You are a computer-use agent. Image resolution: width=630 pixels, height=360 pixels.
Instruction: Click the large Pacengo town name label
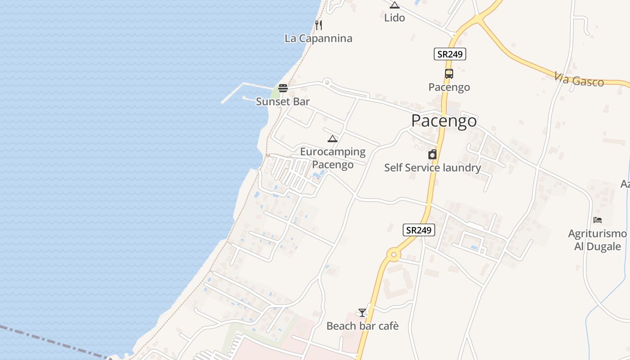point(444,121)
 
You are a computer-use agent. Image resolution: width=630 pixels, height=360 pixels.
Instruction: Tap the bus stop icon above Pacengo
point(449,74)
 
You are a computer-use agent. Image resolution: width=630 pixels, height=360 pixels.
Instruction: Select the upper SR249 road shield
point(450,54)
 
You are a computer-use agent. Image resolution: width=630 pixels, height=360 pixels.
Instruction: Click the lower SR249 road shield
point(418,230)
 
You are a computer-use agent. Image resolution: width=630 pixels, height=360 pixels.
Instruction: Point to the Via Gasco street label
point(579,80)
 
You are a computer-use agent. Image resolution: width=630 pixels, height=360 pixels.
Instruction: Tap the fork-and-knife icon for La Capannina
point(319,25)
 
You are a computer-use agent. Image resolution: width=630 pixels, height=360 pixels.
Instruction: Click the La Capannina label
point(318,38)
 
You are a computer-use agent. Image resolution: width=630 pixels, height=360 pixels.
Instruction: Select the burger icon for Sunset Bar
point(283,88)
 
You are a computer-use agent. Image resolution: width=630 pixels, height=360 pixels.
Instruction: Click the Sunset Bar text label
point(283,102)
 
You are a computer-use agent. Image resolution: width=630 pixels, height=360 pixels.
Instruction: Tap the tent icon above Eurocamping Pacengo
point(333,139)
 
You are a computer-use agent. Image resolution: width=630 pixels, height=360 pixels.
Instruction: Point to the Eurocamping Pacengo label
point(333,158)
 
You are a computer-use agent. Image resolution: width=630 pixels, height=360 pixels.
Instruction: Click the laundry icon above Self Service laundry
point(432,155)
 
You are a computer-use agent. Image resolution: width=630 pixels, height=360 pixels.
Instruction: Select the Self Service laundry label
point(432,168)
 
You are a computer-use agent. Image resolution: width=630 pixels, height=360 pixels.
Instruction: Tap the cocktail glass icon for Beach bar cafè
point(362,312)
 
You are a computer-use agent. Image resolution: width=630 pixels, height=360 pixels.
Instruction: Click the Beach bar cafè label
point(362,326)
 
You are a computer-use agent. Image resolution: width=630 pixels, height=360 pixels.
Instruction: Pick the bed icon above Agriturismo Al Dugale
point(598,220)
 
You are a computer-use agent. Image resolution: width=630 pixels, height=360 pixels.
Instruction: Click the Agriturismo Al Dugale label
point(597,240)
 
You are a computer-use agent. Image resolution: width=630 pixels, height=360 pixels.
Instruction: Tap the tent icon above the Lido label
point(395,5)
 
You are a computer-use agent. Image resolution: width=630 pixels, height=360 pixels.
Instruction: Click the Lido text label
point(395,18)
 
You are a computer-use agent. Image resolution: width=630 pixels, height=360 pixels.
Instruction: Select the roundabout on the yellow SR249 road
point(394,255)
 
